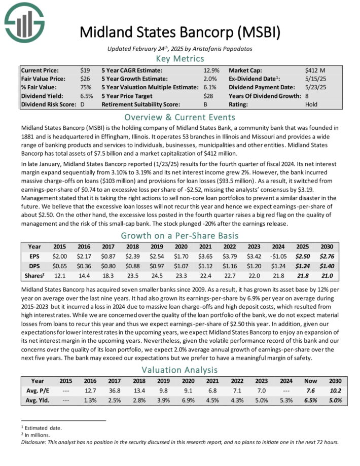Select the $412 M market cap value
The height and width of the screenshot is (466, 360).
click(315, 70)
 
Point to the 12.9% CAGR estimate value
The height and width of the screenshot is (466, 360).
click(211, 70)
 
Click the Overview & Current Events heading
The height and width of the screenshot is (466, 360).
click(179, 116)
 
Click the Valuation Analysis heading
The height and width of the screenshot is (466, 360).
click(179, 370)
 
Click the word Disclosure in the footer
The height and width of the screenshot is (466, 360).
click(36, 442)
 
